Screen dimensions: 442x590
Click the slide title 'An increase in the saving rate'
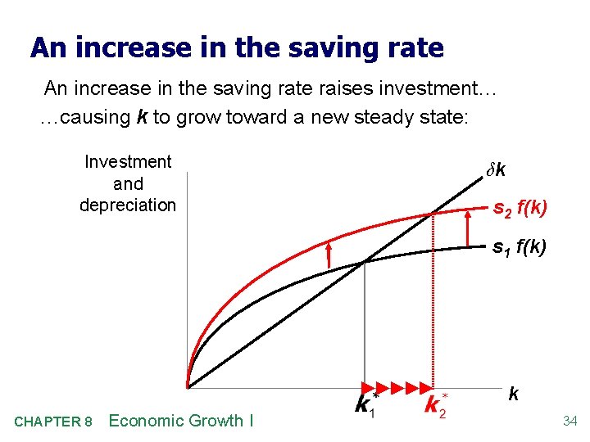[237, 48]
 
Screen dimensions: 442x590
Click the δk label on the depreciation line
[496, 170]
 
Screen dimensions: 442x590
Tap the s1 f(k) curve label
[520, 246]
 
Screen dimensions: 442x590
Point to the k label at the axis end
[513, 395]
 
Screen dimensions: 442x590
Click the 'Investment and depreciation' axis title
[128, 183]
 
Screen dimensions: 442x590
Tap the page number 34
[570, 422]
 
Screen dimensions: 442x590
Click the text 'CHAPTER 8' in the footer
[53, 422]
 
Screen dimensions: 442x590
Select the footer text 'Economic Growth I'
[181, 421]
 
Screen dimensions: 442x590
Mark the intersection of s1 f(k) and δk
[364, 262]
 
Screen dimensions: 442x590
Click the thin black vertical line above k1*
[364, 327]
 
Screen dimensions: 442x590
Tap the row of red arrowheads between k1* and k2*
[398, 387]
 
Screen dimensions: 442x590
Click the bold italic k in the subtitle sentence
[143, 117]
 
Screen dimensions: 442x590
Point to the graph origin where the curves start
[188, 386]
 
